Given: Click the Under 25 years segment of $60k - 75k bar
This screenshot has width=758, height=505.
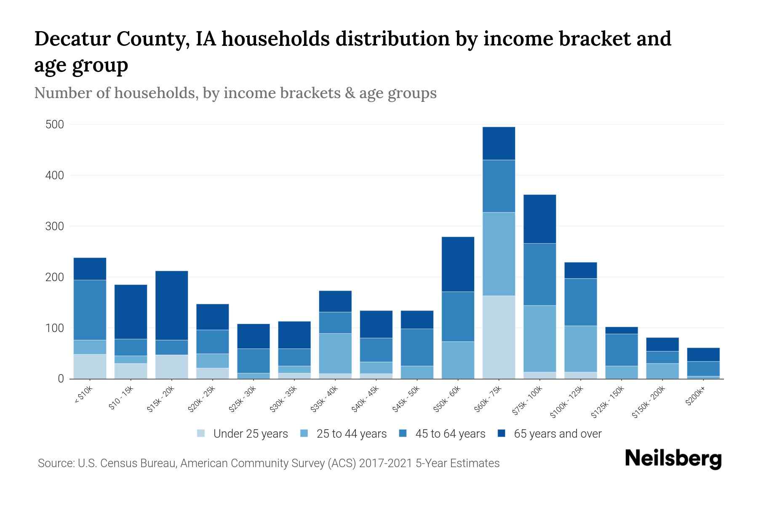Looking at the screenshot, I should coord(499,337).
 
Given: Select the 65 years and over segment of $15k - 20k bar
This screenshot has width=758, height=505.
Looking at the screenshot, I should coord(172,305).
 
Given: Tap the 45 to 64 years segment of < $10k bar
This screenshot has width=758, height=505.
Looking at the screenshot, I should coord(90,310).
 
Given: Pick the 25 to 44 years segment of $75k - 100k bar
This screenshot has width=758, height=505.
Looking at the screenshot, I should coord(539,338).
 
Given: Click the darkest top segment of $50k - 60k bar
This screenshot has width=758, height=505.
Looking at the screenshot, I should coord(458,264).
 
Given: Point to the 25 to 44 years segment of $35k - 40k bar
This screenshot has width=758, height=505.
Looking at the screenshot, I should coord(335,353).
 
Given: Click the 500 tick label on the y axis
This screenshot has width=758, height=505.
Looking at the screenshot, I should coord(55,125).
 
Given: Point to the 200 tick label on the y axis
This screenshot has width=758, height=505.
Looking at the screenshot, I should coord(55,277).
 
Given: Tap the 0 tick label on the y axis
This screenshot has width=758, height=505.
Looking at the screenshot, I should coord(61,379).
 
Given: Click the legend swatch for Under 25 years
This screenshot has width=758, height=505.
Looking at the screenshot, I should coord(201,433).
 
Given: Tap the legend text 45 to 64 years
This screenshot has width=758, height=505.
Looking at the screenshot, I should coord(450,434).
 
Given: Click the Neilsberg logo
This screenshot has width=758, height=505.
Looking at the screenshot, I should coord(673,459).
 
